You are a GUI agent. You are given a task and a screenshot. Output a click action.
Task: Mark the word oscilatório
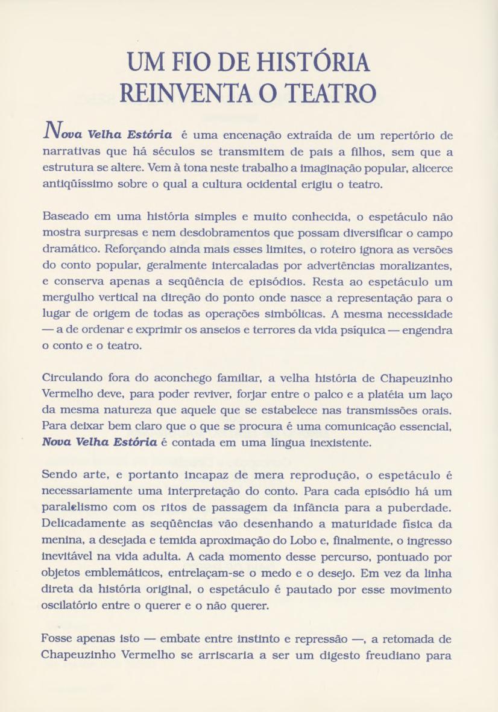(75, 604)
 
